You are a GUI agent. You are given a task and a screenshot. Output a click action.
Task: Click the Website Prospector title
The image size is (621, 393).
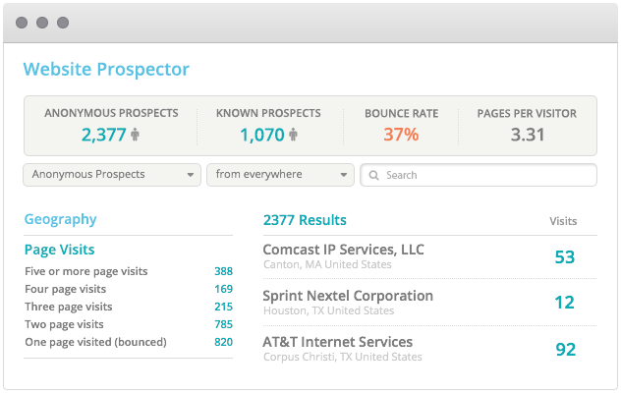[x=106, y=70]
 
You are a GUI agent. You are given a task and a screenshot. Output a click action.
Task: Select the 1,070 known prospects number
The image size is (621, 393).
[x=261, y=135]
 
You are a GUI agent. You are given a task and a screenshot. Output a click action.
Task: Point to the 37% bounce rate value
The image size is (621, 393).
[x=401, y=135]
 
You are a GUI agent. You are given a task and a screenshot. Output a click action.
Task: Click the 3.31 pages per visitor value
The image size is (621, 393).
[x=528, y=135]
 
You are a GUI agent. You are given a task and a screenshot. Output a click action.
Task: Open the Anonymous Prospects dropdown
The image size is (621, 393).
[x=112, y=175]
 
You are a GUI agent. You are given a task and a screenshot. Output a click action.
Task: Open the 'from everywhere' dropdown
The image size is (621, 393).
[x=280, y=175]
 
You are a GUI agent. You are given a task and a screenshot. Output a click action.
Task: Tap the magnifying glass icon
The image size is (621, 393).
[x=374, y=176]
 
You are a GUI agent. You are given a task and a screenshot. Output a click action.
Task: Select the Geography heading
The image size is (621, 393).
[x=60, y=220]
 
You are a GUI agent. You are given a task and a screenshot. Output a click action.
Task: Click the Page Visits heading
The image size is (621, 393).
[x=59, y=250]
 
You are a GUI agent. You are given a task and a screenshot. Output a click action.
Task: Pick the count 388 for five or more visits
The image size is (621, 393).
[x=223, y=271]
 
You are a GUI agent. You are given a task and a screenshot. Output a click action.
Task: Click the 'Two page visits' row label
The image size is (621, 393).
[x=64, y=324]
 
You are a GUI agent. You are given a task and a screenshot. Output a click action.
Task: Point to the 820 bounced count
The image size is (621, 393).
[x=223, y=342]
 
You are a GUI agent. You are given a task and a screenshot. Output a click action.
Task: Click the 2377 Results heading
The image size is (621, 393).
[x=305, y=220]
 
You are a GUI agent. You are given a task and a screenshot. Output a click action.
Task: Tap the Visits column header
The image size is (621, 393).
[x=563, y=221]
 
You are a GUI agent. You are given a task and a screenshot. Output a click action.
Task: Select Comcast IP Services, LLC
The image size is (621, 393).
[x=343, y=250]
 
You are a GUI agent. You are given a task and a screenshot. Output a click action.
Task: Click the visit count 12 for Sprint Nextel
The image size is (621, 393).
[x=564, y=303]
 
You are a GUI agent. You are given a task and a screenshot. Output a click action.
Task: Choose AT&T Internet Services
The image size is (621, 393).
[x=337, y=342]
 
